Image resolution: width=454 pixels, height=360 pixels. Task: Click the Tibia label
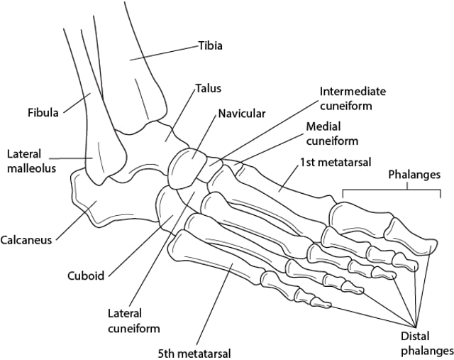pos(210,47)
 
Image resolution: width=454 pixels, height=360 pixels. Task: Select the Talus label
pos(209,89)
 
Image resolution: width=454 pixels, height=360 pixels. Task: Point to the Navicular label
pos(241,114)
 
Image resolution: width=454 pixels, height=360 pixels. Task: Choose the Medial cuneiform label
pos(331,133)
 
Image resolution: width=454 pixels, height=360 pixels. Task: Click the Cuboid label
pos(86,276)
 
